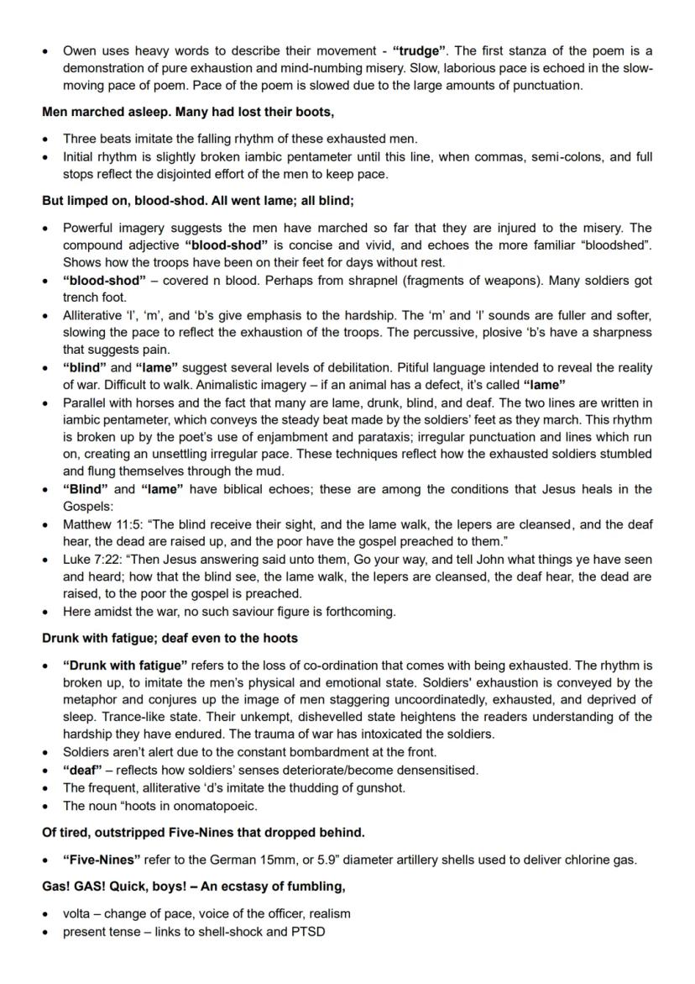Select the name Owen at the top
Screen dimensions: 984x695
tap(81, 51)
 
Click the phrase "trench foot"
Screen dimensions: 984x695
tap(95, 297)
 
